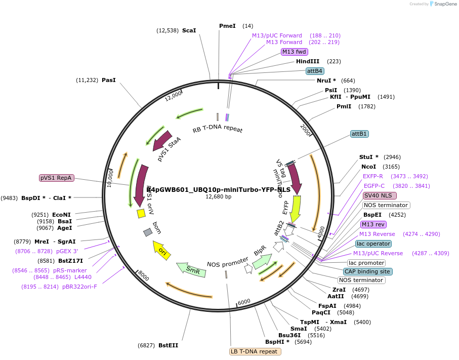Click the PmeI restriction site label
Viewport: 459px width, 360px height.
(227, 26)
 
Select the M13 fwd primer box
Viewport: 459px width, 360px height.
(295, 52)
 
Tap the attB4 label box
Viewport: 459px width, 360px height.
(315, 71)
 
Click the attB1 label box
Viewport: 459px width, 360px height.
(359, 134)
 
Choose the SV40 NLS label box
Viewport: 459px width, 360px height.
(380, 195)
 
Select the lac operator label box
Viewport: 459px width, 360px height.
(373, 244)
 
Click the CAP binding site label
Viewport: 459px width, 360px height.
(367, 271)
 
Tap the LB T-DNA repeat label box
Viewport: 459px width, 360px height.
(254, 351)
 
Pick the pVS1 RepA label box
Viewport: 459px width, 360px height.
(57, 178)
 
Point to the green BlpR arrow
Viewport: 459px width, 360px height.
(262, 260)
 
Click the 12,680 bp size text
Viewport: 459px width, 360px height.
(218, 196)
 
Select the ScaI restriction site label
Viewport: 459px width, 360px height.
(189, 30)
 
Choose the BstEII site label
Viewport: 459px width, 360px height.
(168, 345)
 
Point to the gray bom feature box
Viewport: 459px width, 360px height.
(148, 232)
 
